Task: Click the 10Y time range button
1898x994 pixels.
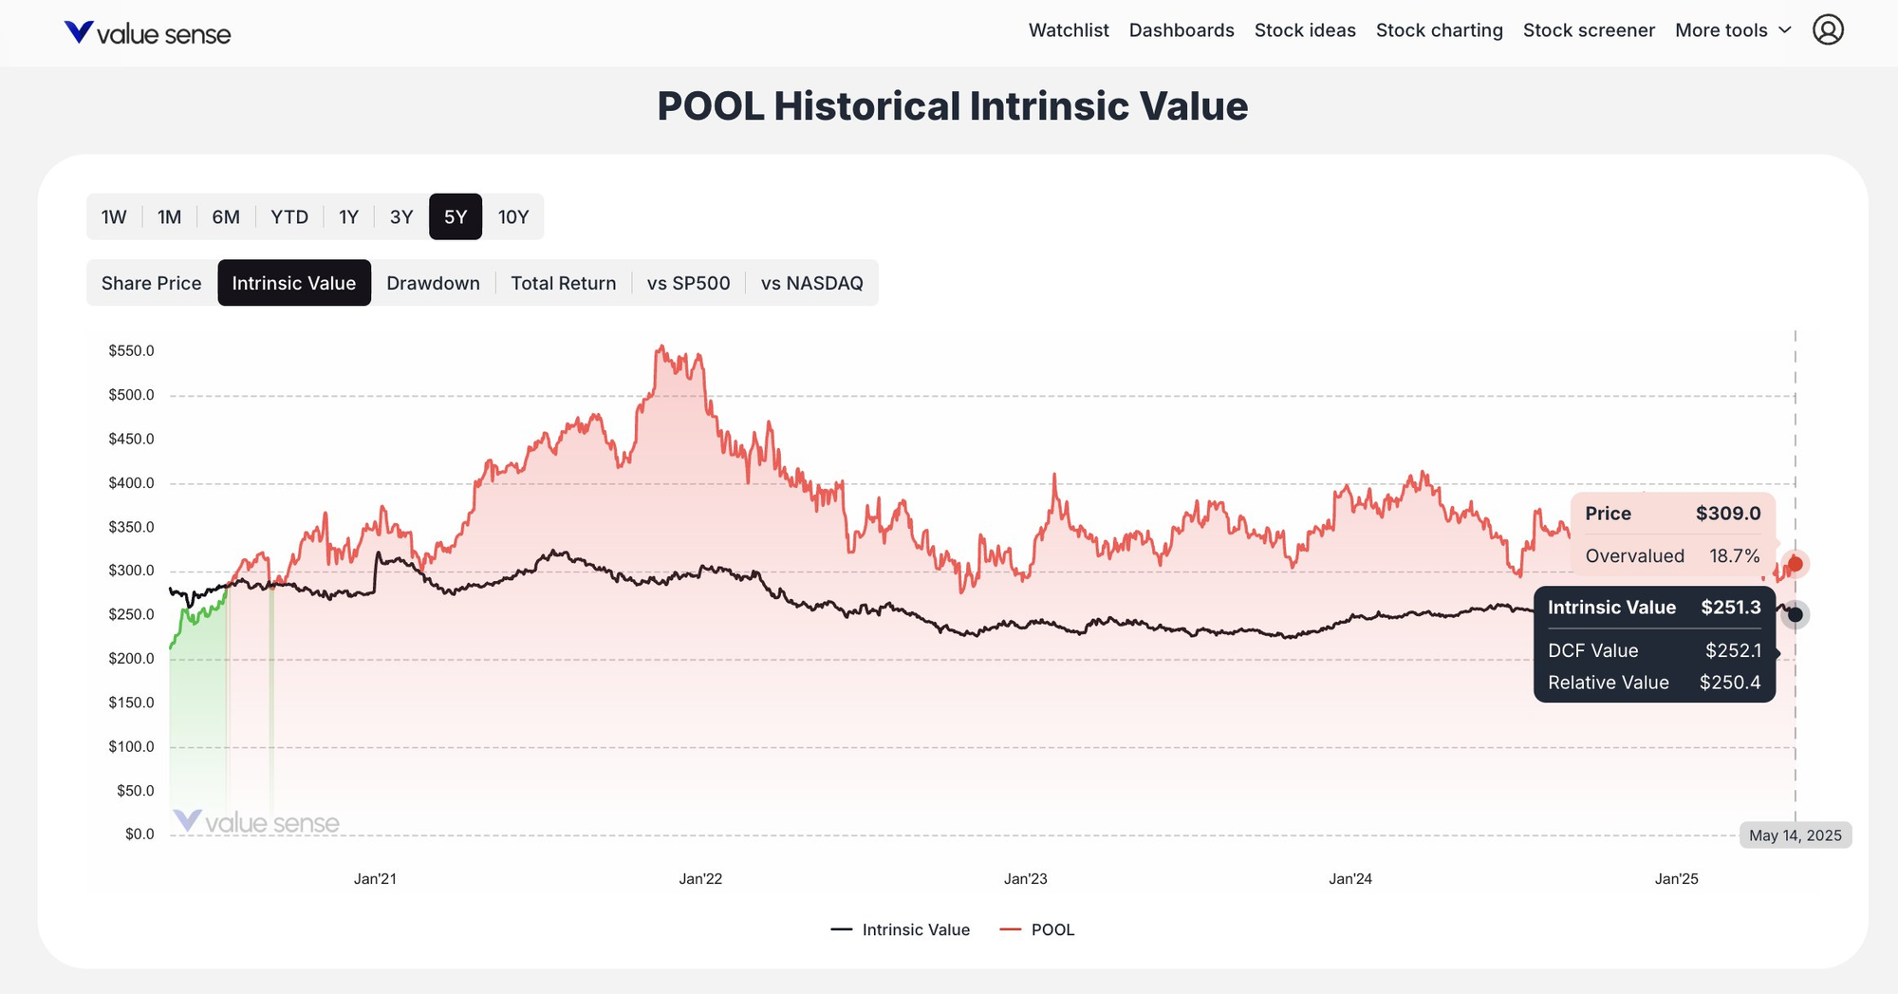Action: pyautogui.click(x=512, y=217)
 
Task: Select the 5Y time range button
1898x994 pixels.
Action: pyautogui.click(x=456, y=217)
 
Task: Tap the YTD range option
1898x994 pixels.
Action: pyautogui.click(x=289, y=217)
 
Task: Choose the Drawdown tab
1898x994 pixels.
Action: pyautogui.click(x=433, y=283)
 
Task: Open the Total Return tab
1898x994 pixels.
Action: pyautogui.click(x=563, y=283)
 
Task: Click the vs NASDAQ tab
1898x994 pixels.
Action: pyautogui.click(x=811, y=283)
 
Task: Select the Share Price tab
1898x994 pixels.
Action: pyautogui.click(x=152, y=283)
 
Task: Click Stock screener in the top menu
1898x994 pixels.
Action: pyautogui.click(x=1589, y=30)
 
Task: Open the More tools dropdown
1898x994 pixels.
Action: pyautogui.click(x=1732, y=30)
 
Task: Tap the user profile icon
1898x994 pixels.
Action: pyautogui.click(x=1828, y=30)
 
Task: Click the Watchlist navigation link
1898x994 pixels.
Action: pyautogui.click(x=1069, y=30)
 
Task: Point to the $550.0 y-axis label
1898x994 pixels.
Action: pyautogui.click(x=131, y=351)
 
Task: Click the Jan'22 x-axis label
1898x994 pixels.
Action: pyautogui.click(x=700, y=879)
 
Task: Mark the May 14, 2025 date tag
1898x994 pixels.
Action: pyautogui.click(x=1795, y=835)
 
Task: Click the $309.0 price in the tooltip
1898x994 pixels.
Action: pyautogui.click(x=1728, y=514)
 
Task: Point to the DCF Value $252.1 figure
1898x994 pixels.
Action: pyautogui.click(x=1733, y=651)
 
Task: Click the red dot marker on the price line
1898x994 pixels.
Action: pyautogui.click(x=1795, y=564)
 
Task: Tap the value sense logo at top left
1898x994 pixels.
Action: pyautogui.click(x=147, y=34)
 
